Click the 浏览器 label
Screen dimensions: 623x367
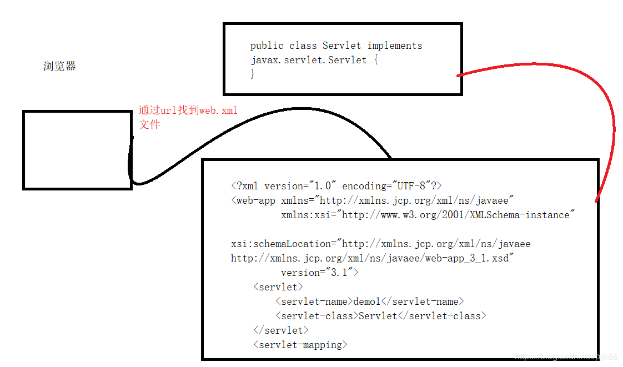tap(59, 66)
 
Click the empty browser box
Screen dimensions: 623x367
tap(78, 150)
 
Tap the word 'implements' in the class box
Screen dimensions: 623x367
tap(395, 46)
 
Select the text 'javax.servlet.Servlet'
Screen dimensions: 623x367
tap(309, 60)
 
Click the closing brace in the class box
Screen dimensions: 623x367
tap(252, 73)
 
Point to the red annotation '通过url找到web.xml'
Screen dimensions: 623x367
tap(188, 110)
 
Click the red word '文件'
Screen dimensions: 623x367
tap(149, 124)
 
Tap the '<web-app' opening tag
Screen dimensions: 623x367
tap(253, 200)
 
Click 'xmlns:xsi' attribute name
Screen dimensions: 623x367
tap(305, 215)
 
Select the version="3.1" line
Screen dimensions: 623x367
tap(319, 273)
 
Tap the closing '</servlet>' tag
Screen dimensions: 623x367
tap(281, 330)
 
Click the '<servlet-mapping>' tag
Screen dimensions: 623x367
tap(300, 345)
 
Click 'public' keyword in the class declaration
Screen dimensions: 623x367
tap(267, 46)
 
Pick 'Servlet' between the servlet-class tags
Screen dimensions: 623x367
tap(378, 316)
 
